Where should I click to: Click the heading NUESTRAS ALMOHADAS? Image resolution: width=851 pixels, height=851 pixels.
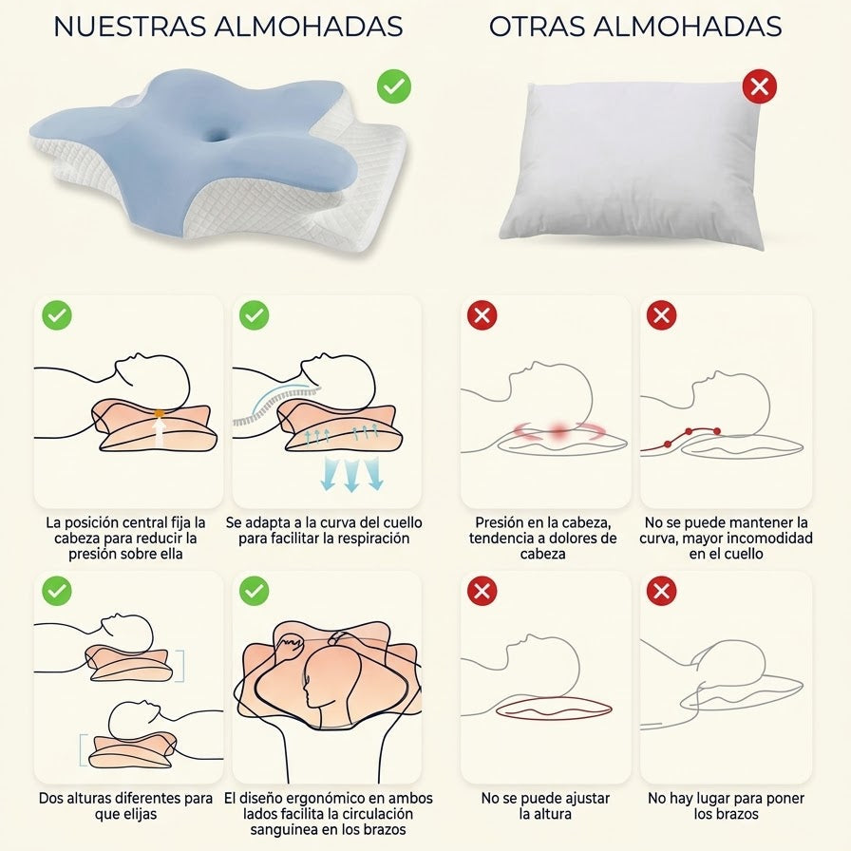(x=228, y=27)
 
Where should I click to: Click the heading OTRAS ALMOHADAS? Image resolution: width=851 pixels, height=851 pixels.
(x=635, y=27)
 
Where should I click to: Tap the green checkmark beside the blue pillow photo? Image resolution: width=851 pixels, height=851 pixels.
(x=394, y=86)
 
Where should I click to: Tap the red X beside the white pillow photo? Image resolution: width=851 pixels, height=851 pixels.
(x=759, y=86)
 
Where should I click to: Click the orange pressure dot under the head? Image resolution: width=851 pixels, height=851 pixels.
(x=159, y=413)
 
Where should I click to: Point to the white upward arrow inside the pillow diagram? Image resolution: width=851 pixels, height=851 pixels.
(x=159, y=432)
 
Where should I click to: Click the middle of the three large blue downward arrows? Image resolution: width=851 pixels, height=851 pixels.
(x=350, y=474)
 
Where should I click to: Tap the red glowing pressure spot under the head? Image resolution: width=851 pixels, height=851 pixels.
(x=559, y=431)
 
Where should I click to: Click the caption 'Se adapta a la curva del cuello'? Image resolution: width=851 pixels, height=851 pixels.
(x=324, y=522)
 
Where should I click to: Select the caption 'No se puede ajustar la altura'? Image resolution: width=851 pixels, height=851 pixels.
(x=545, y=806)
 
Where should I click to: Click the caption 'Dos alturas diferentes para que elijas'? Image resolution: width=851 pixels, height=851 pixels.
(x=125, y=806)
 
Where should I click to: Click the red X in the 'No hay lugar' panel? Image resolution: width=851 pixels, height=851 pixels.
(x=661, y=591)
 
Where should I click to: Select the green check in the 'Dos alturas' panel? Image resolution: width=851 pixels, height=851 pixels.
(x=56, y=591)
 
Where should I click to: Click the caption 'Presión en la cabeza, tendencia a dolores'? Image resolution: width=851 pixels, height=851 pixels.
(x=542, y=530)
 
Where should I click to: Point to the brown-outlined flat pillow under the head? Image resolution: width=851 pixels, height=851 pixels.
(x=554, y=709)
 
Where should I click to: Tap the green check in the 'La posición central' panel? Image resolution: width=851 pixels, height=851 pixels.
(x=56, y=315)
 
